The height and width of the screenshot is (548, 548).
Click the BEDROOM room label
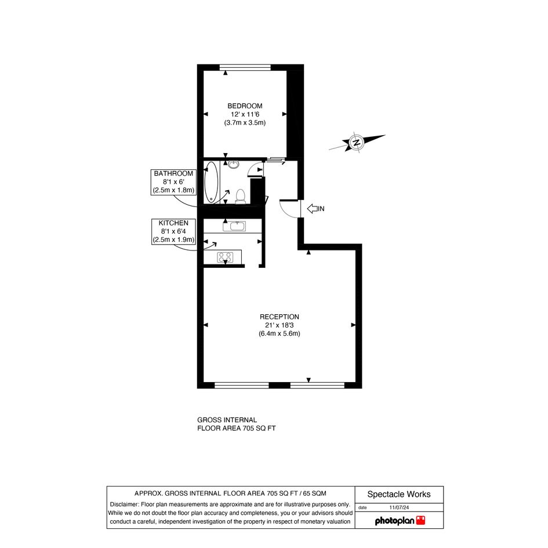click(245, 106)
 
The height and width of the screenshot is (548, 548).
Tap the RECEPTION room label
click(280, 317)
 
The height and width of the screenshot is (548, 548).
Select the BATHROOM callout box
click(173, 182)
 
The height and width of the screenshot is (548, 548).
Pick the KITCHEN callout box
click(173, 231)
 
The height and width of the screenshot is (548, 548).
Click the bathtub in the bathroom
click(212, 182)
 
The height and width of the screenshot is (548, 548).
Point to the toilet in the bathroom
click(241, 196)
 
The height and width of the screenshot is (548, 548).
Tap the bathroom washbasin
click(234, 164)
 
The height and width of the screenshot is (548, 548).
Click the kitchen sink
click(234, 226)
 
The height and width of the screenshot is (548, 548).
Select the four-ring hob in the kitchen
click(225, 257)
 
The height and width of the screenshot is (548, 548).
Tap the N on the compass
click(357, 143)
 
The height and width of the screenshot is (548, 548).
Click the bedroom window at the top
click(245, 67)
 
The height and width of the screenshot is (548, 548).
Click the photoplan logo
click(400, 521)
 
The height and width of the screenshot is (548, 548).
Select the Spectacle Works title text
click(399, 494)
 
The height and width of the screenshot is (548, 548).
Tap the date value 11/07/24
click(399, 507)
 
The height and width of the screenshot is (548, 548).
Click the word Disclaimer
click(125, 505)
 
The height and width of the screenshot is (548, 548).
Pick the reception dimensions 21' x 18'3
click(280, 325)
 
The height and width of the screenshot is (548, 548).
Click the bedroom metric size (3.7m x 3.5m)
click(245, 123)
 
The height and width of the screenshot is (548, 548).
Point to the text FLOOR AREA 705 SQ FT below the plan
click(236, 428)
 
